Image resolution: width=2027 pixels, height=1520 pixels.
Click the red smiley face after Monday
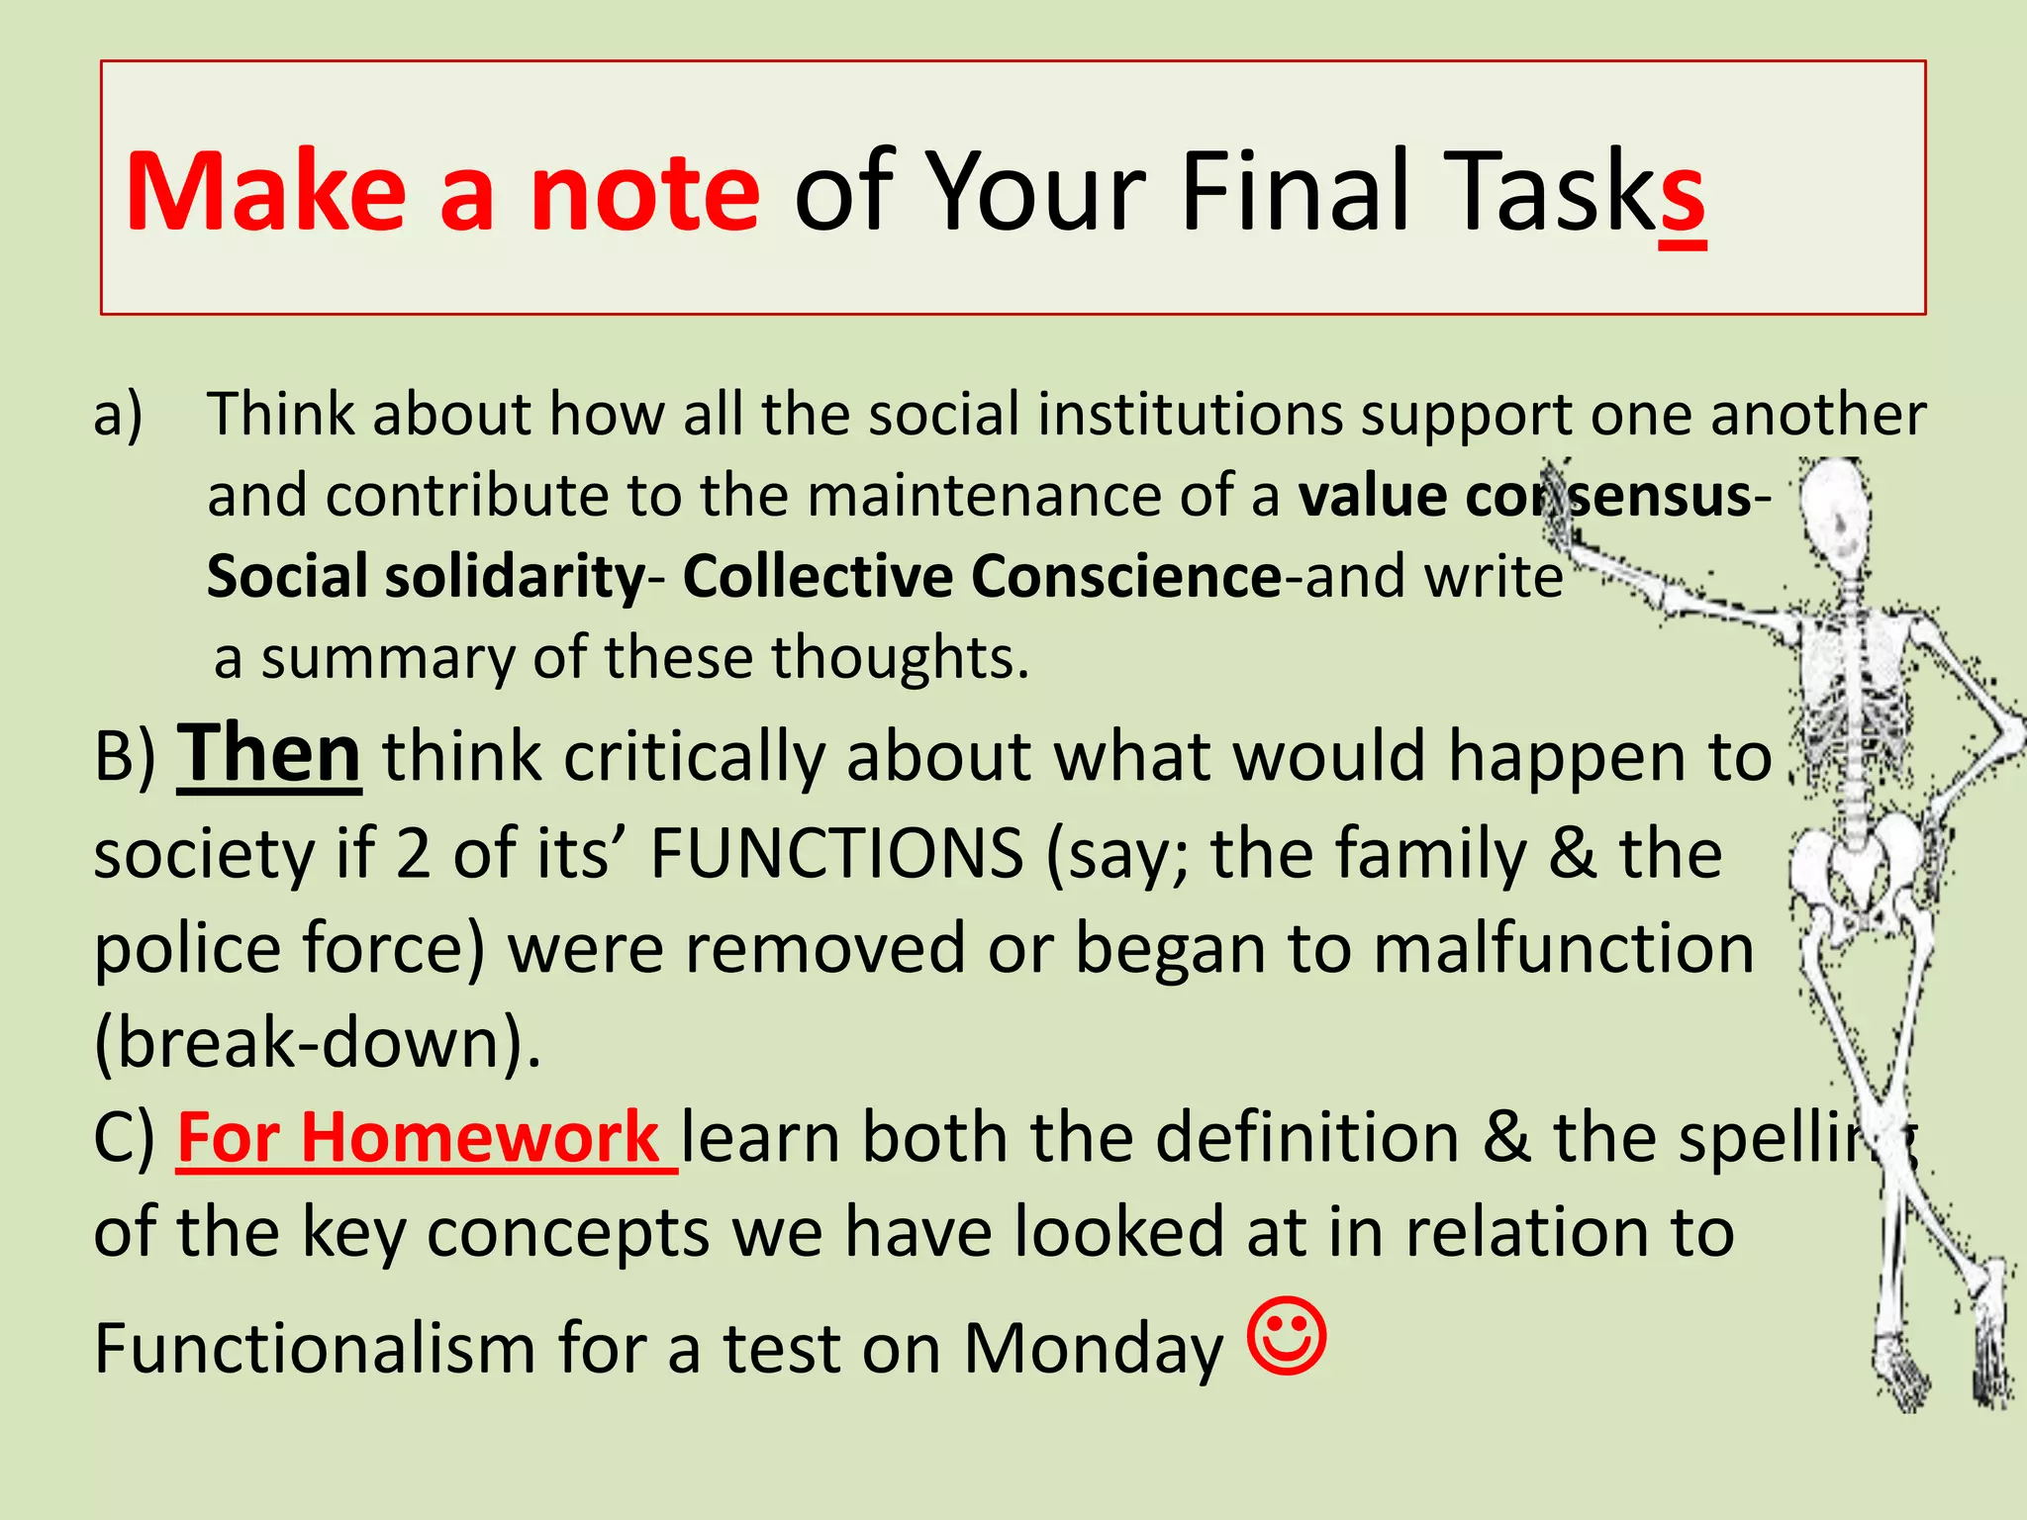pos(1287,1337)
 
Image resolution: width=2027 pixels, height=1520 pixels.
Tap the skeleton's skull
pos(1834,515)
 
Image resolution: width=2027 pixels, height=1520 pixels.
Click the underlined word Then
pos(268,754)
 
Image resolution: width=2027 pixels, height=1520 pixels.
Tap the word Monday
pos(1093,1348)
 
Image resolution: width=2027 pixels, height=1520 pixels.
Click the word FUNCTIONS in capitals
pos(836,853)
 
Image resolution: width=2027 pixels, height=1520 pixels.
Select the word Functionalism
pos(314,1348)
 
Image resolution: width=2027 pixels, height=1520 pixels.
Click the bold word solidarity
pos(515,576)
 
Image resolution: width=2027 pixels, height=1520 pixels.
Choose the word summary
pos(386,657)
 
